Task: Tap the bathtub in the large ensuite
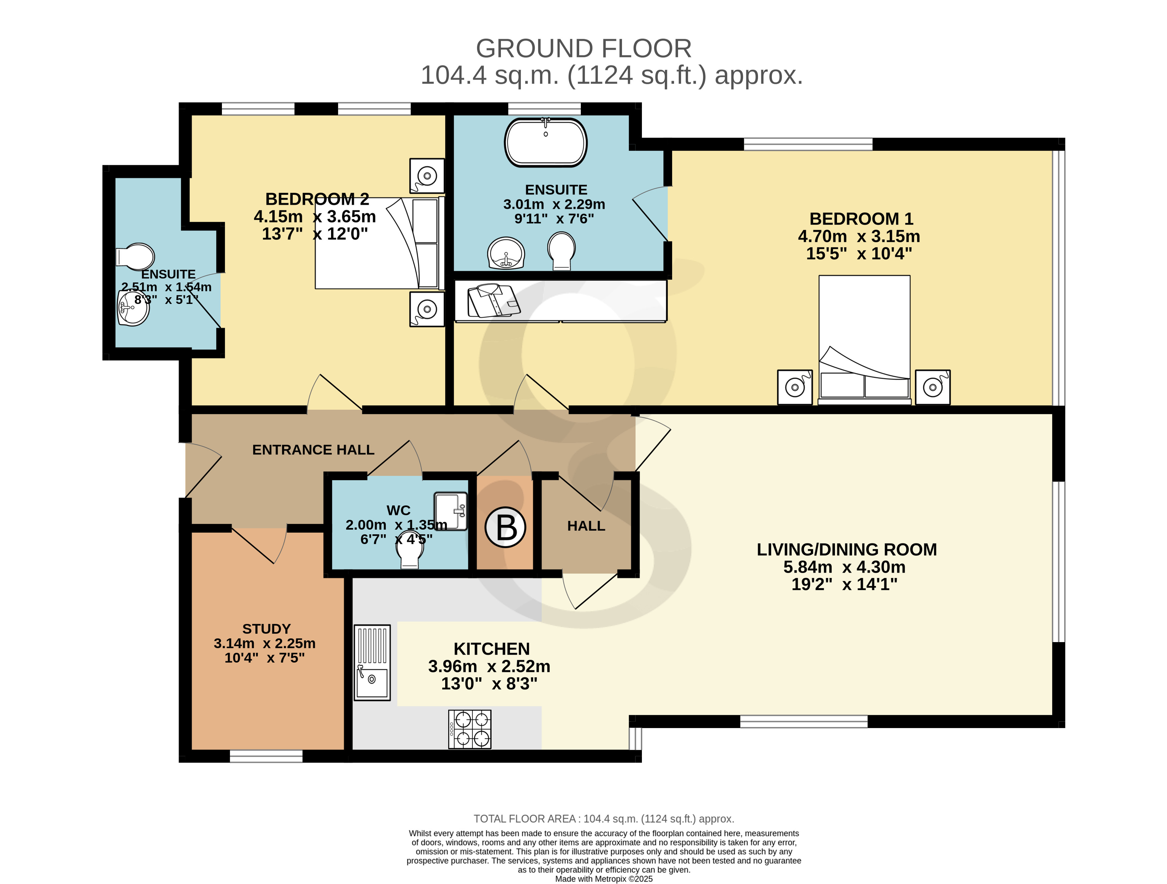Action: coord(545,142)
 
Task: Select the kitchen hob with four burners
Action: coord(469,729)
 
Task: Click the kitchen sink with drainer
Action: coord(372,663)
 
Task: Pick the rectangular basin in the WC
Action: coord(450,511)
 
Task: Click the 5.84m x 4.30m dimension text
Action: coord(844,567)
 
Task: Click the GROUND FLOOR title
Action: coord(583,48)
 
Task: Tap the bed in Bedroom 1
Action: coord(864,340)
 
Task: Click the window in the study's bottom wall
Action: coord(266,756)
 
